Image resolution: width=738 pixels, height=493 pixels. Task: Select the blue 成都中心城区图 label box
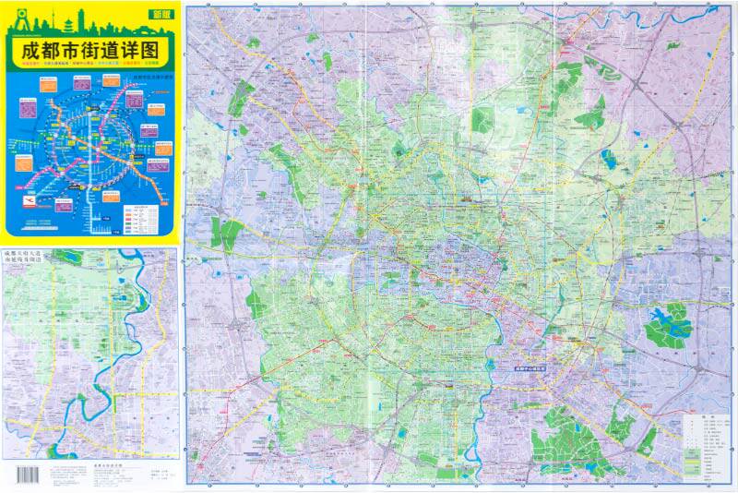[537, 366]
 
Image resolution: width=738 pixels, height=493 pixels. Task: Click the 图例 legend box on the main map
[707, 446]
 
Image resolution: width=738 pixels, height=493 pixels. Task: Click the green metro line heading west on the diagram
[37, 148]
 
